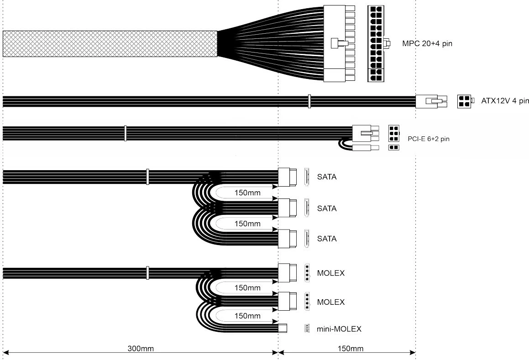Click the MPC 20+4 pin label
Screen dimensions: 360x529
coord(427,44)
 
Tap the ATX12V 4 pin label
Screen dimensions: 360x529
coord(505,101)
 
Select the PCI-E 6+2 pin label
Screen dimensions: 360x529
coord(428,138)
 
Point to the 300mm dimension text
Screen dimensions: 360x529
coord(140,349)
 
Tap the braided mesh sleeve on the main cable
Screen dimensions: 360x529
coord(110,44)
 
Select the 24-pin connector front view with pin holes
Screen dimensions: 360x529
coord(376,44)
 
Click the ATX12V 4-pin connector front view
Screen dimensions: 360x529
coord(464,101)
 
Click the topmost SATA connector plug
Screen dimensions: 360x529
coord(288,177)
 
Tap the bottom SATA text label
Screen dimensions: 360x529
coord(327,239)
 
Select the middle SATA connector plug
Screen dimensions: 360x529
coord(288,209)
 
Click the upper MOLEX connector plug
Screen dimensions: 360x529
coord(288,273)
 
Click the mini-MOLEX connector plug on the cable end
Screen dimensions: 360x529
coord(283,329)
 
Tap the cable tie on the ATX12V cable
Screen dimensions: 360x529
coord(309,101)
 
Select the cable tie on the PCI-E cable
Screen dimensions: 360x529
coord(125,133)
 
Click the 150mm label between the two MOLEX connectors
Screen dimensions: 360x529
coord(247,288)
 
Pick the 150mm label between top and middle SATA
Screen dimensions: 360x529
coord(247,193)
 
